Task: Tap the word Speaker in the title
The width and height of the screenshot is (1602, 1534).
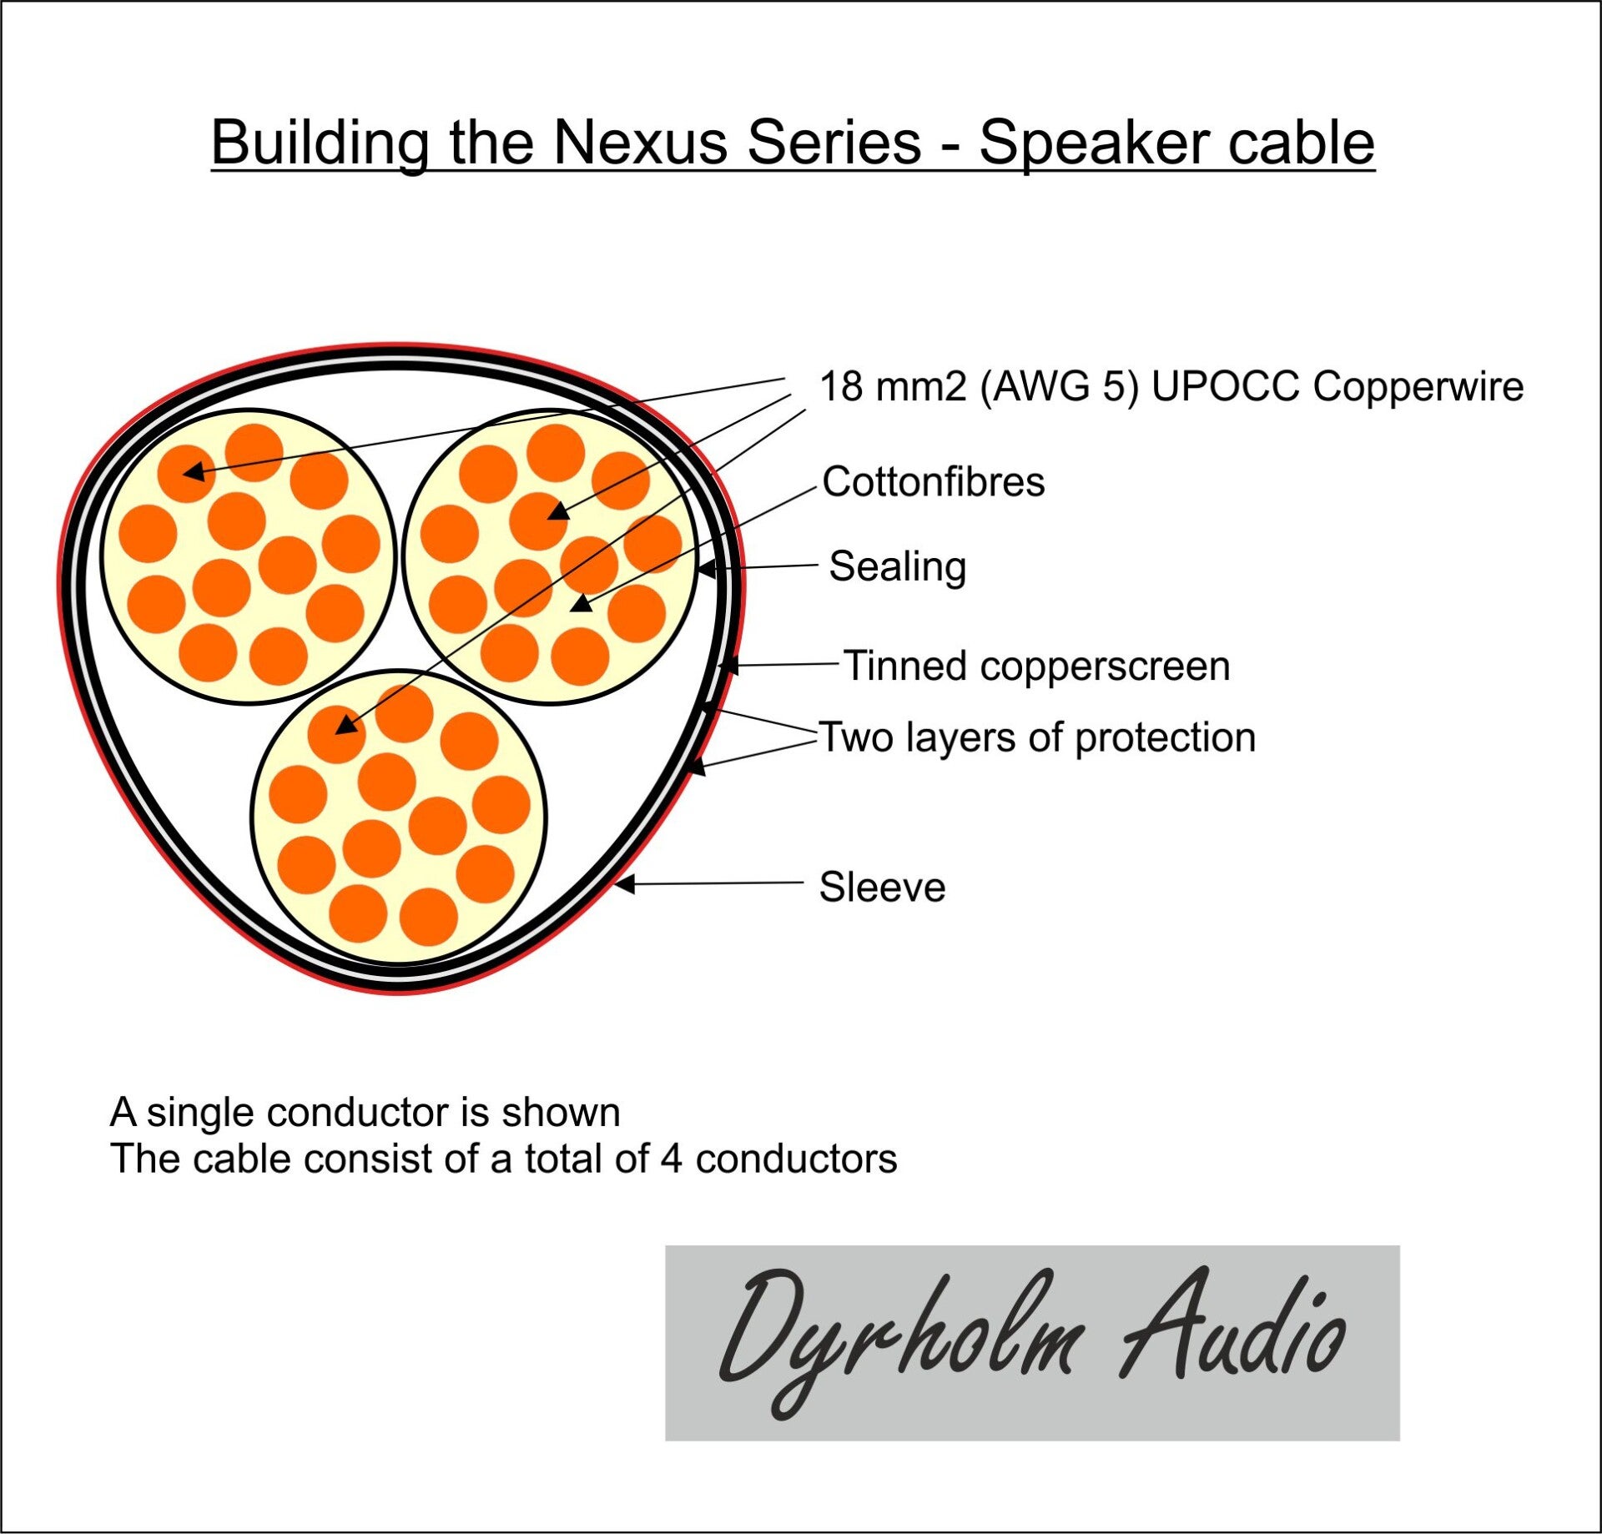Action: tap(1094, 143)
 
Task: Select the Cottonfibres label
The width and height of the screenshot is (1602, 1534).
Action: tap(933, 482)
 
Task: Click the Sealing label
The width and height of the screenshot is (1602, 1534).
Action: tap(898, 566)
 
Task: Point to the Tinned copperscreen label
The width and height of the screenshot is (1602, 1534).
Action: tap(1037, 666)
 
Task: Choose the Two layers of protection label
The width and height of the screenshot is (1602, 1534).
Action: tap(1037, 737)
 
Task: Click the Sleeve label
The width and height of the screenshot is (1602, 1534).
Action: tap(882, 887)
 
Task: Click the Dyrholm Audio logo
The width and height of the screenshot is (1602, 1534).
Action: tap(1031, 1343)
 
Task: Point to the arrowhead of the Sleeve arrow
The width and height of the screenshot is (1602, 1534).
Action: tap(624, 884)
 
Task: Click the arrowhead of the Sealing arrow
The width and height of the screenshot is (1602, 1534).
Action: tap(706, 569)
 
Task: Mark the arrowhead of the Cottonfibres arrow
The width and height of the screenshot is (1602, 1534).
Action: tap(581, 602)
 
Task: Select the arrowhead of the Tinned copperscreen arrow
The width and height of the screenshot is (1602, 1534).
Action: tap(728, 666)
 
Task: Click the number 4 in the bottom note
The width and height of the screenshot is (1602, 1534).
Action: tap(672, 1159)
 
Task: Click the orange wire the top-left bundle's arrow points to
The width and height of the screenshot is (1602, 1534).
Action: tap(186, 473)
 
